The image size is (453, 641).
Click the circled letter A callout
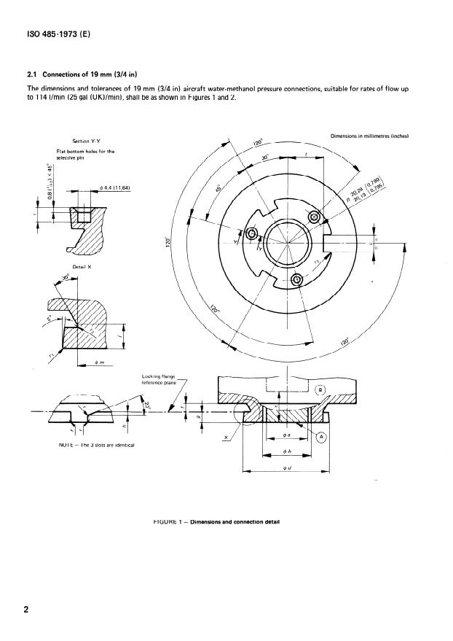[x=322, y=437]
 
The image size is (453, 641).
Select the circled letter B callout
[x=322, y=390]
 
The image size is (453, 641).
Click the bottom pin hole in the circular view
[x=297, y=280]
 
